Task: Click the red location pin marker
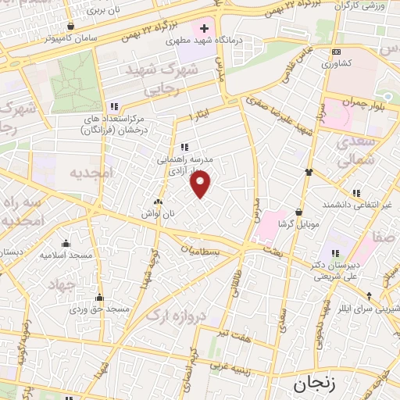click(x=201, y=184)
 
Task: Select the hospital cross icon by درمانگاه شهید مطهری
click(x=204, y=28)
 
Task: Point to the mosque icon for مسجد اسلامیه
click(x=65, y=243)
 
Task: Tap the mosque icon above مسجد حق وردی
click(x=99, y=298)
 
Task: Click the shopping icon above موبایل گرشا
click(x=299, y=212)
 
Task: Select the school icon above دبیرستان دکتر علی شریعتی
click(x=334, y=253)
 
